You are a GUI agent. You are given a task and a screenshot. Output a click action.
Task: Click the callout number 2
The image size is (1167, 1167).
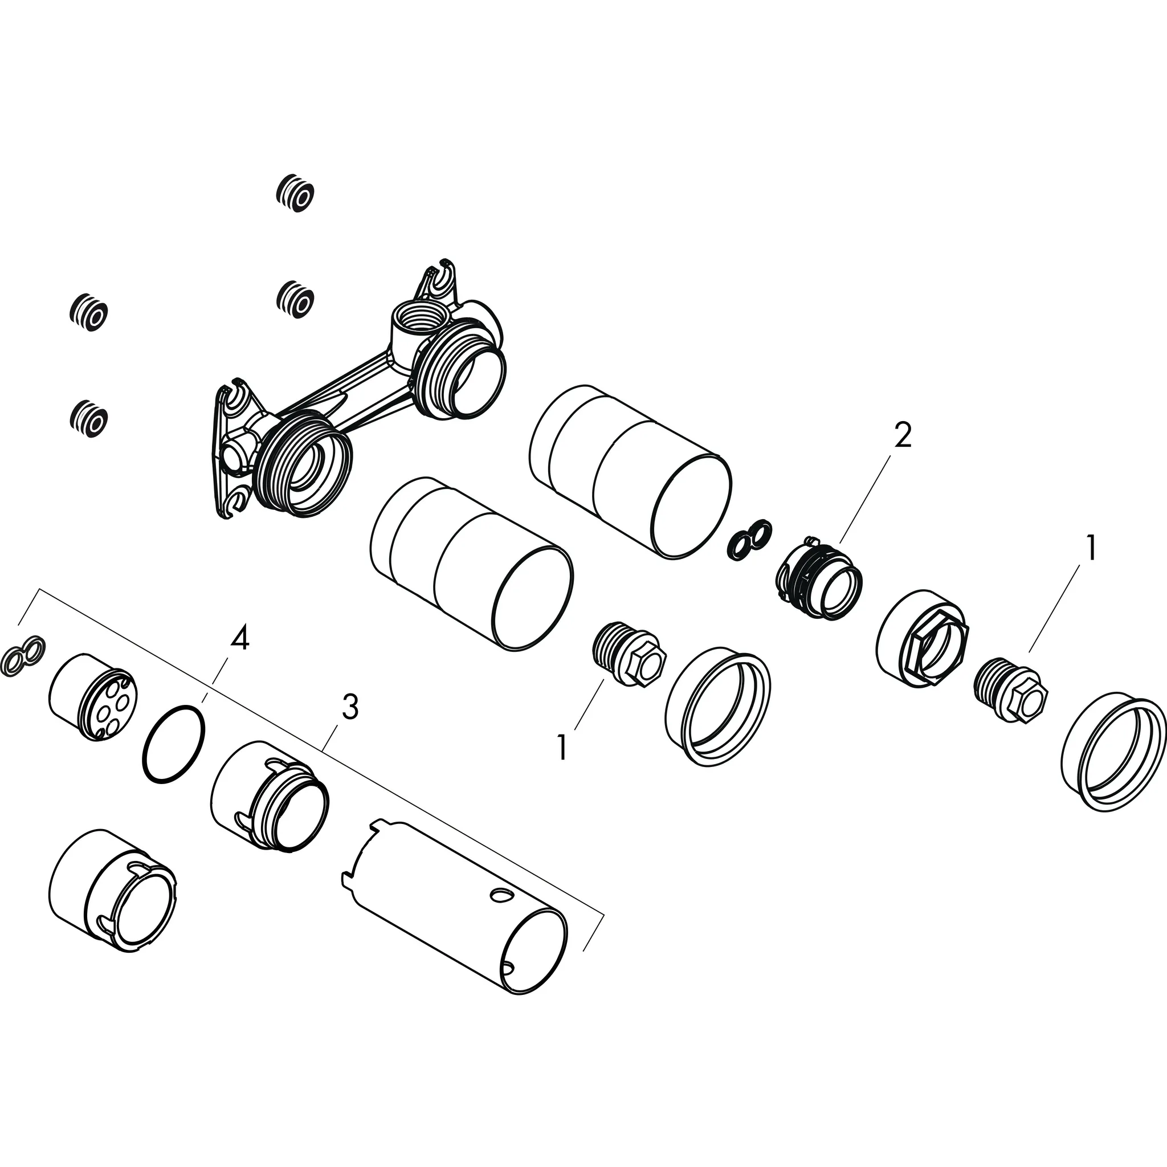tap(902, 435)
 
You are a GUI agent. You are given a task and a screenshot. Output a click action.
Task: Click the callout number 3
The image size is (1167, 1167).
tap(350, 707)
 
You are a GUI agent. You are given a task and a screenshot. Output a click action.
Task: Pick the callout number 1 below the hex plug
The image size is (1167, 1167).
tap(562, 748)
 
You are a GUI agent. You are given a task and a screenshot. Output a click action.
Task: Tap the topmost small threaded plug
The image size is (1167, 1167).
tap(295, 193)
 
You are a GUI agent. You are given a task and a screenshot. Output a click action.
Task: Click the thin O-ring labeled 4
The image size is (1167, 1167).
tap(174, 742)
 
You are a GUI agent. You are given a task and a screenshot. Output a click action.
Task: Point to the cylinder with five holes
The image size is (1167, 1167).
tap(93, 696)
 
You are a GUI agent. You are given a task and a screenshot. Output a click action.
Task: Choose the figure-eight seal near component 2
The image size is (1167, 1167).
tap(749, 536)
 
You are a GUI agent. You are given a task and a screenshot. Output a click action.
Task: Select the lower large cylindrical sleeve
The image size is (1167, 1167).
tap(471, 564)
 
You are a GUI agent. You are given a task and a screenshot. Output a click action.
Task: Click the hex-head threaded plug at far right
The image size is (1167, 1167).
tap(1012, 693)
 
